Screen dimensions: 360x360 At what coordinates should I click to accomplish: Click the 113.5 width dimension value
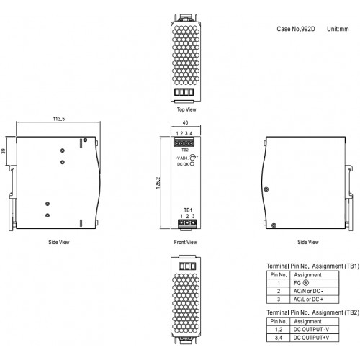tap(59, 119)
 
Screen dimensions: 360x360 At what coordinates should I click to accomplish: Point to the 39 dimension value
tap(3, 151)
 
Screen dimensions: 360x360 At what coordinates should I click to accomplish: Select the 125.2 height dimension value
tap(158, 183)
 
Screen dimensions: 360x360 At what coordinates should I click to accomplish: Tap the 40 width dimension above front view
tap(185, 122)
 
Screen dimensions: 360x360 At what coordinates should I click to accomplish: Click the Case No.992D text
tap(296, 29)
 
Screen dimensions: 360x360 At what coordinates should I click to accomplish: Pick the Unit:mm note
tap(338, 29)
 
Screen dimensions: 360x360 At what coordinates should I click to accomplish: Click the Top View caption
tap(186, 109)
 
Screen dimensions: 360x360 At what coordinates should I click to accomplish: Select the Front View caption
tap(185, 242)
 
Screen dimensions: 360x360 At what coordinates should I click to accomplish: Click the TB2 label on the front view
tap(185, 150)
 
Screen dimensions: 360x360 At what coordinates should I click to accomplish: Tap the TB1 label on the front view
tap(188, 210)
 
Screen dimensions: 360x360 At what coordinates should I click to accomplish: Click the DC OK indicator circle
tap(192, 164)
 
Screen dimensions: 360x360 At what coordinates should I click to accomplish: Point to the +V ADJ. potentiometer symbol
tap(192, 158)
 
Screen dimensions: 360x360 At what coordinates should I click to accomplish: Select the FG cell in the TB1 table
tap(315, 283)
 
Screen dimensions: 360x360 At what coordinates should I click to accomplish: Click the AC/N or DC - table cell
tap(315, 291)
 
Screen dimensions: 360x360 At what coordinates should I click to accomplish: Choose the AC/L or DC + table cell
tap(315, 300)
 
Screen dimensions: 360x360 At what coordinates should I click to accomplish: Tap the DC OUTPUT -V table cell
tap(315, 330)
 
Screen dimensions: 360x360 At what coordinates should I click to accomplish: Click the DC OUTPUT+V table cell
tap(315, 338)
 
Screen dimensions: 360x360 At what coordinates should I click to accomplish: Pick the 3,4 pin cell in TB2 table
tap(279, 338)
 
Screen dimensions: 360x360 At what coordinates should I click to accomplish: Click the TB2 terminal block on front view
tap(184, 142)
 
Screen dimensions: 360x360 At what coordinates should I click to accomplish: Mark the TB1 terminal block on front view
tap(187, 223)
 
